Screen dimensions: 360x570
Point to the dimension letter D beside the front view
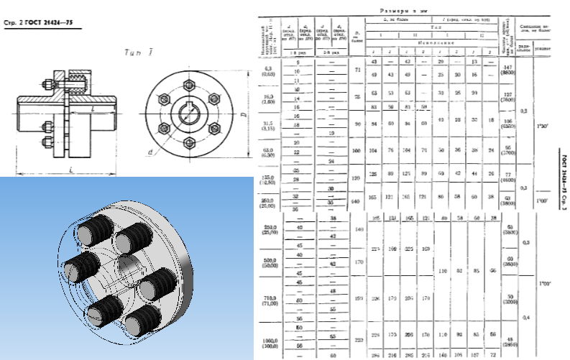click(242, 115)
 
